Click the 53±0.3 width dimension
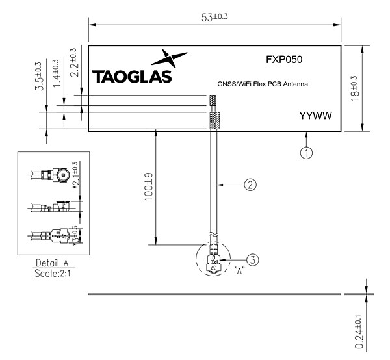pos(214,17)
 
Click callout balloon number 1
pos(306,153)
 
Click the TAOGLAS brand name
pos(133,77)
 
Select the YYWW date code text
pos(315,116)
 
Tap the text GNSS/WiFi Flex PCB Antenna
pos(262,85)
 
